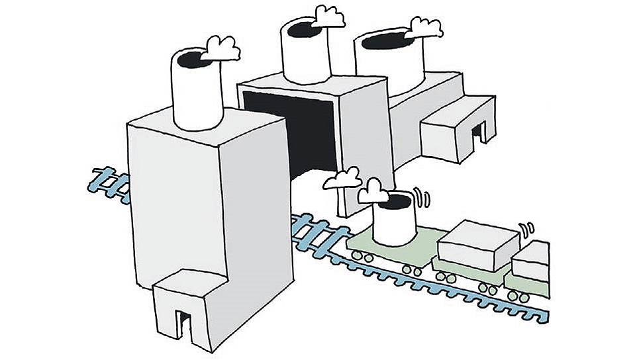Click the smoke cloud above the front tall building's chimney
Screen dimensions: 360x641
221,47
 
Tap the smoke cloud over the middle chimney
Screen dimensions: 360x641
328,17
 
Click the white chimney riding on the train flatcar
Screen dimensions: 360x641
395,222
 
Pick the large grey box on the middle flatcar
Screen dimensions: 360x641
478,244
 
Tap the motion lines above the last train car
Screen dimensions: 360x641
527,229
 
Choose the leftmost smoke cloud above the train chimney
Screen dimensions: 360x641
343,179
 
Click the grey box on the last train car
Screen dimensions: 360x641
532,261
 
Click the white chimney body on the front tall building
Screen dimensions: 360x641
197,96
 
